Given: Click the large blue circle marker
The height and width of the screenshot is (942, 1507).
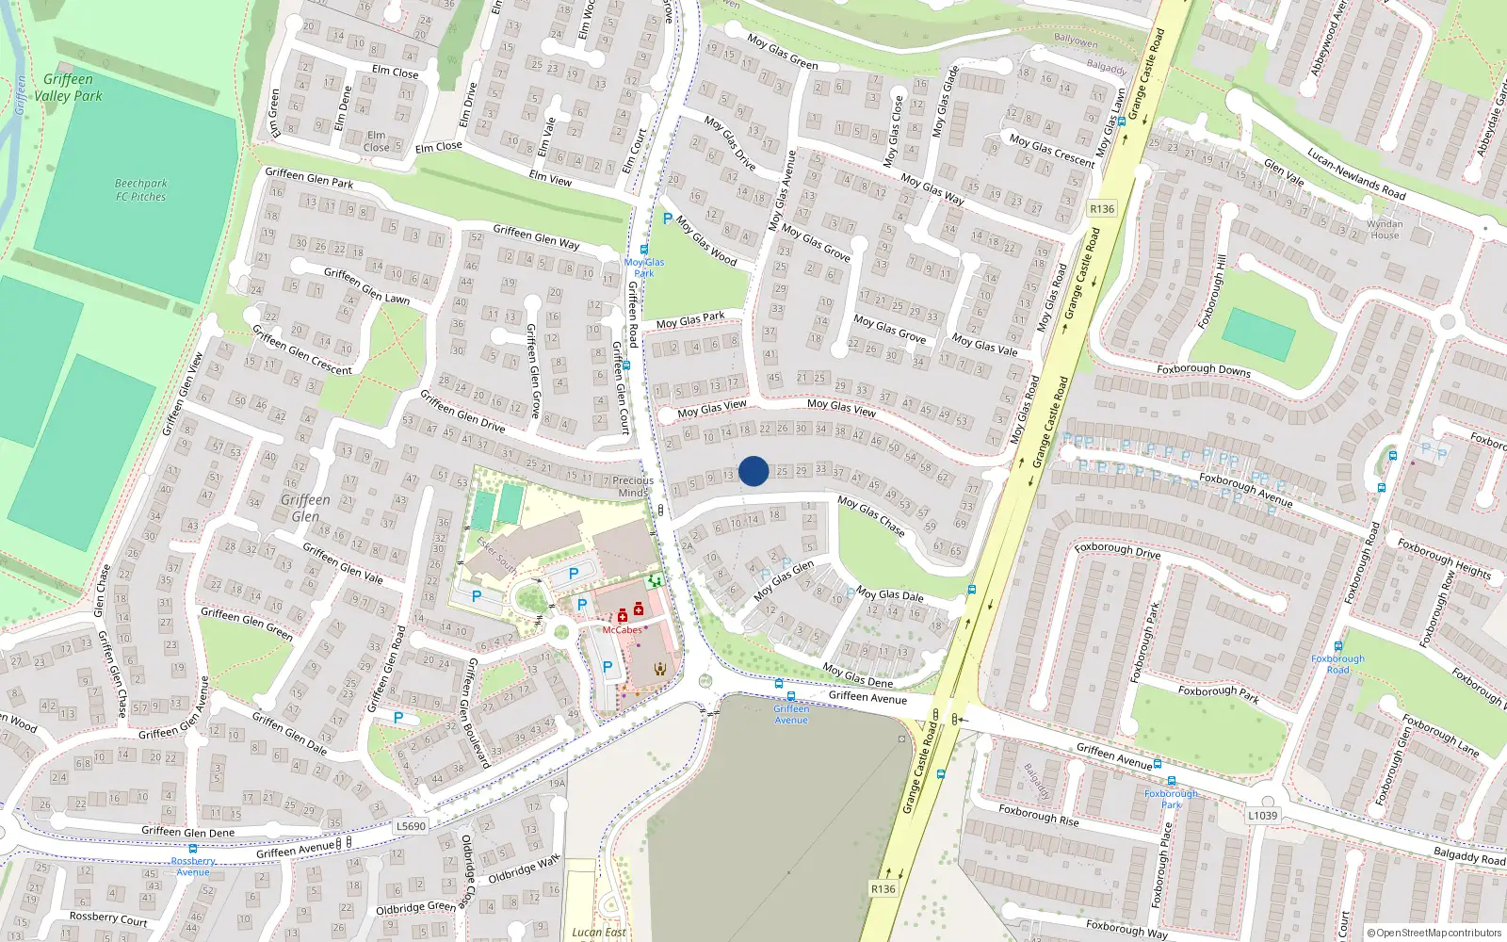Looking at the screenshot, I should [x=753, y=471].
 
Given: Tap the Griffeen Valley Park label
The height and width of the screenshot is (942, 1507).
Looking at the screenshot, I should [x=68, y=88].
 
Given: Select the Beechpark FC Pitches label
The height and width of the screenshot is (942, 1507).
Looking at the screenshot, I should [x=141, y=190].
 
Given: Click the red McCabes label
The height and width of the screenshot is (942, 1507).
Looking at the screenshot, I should [x=622, y=630].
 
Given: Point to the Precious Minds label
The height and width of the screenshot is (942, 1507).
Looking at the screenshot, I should [x=633, y=486].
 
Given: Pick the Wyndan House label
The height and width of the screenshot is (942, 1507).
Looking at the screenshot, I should [x=1385, y=229].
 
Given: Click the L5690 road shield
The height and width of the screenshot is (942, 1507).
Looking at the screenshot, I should [x=411, y=826].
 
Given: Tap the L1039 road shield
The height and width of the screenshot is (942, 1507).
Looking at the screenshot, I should [x=1262, y=816].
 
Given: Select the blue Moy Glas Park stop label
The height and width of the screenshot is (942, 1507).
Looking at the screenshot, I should [x=644, y=268].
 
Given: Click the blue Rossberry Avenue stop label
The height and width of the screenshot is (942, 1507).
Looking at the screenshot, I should [x=193, y=866].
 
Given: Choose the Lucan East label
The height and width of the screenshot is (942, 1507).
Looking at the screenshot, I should [x=599, y=932].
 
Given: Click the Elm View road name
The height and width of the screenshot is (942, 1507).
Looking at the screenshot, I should [x=550, y=178].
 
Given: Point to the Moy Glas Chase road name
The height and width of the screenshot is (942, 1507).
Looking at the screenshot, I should [x=871, y=517].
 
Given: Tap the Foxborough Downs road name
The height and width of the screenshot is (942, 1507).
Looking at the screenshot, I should [x=1204, y=370].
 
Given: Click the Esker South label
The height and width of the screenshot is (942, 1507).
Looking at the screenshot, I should [x=496, y=556].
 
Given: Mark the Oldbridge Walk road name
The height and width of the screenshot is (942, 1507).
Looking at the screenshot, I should [x=524, y=869].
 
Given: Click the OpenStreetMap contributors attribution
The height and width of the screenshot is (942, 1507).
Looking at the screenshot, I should [x=1434, y=933].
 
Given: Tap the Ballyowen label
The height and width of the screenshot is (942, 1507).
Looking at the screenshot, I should [x=1076, y=41].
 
